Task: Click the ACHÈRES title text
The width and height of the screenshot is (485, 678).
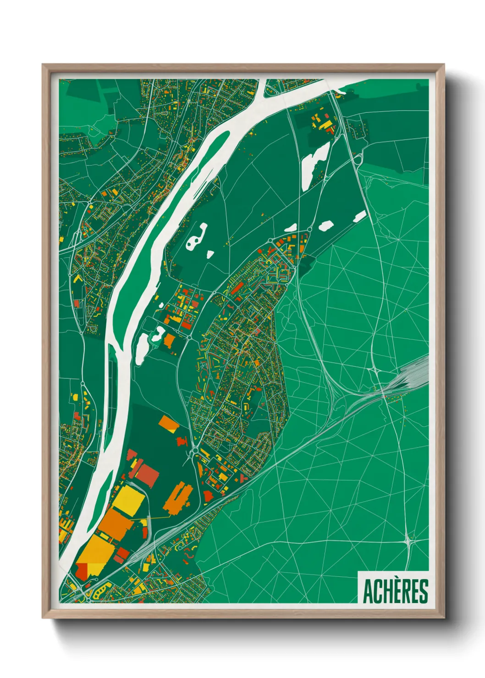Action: point(396,591)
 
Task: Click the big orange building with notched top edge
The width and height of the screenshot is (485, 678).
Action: point(179,497)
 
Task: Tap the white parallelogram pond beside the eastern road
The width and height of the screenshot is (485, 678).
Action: point(359,216)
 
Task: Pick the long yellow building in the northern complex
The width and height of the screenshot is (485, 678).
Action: point(326,124)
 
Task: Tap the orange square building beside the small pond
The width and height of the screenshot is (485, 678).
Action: point(169,340)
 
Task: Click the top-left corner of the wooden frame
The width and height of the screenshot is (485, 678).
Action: point(43,65)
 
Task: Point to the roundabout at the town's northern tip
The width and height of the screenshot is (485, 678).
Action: point(310,229)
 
